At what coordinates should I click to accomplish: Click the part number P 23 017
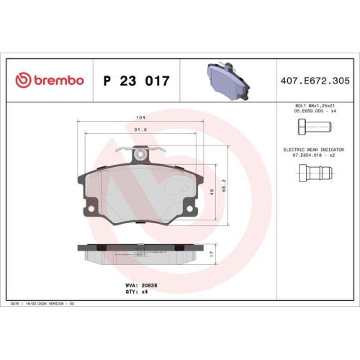136,80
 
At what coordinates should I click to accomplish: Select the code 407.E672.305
315,80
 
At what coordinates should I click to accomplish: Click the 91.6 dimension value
141,130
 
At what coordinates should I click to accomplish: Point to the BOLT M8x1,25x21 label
315,106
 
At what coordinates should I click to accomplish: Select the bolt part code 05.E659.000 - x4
315,112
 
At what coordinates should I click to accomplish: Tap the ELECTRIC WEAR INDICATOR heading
315,148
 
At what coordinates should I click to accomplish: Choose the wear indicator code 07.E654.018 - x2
315,155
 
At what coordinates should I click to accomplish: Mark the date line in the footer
43,305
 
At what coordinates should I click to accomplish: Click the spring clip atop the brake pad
141,153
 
